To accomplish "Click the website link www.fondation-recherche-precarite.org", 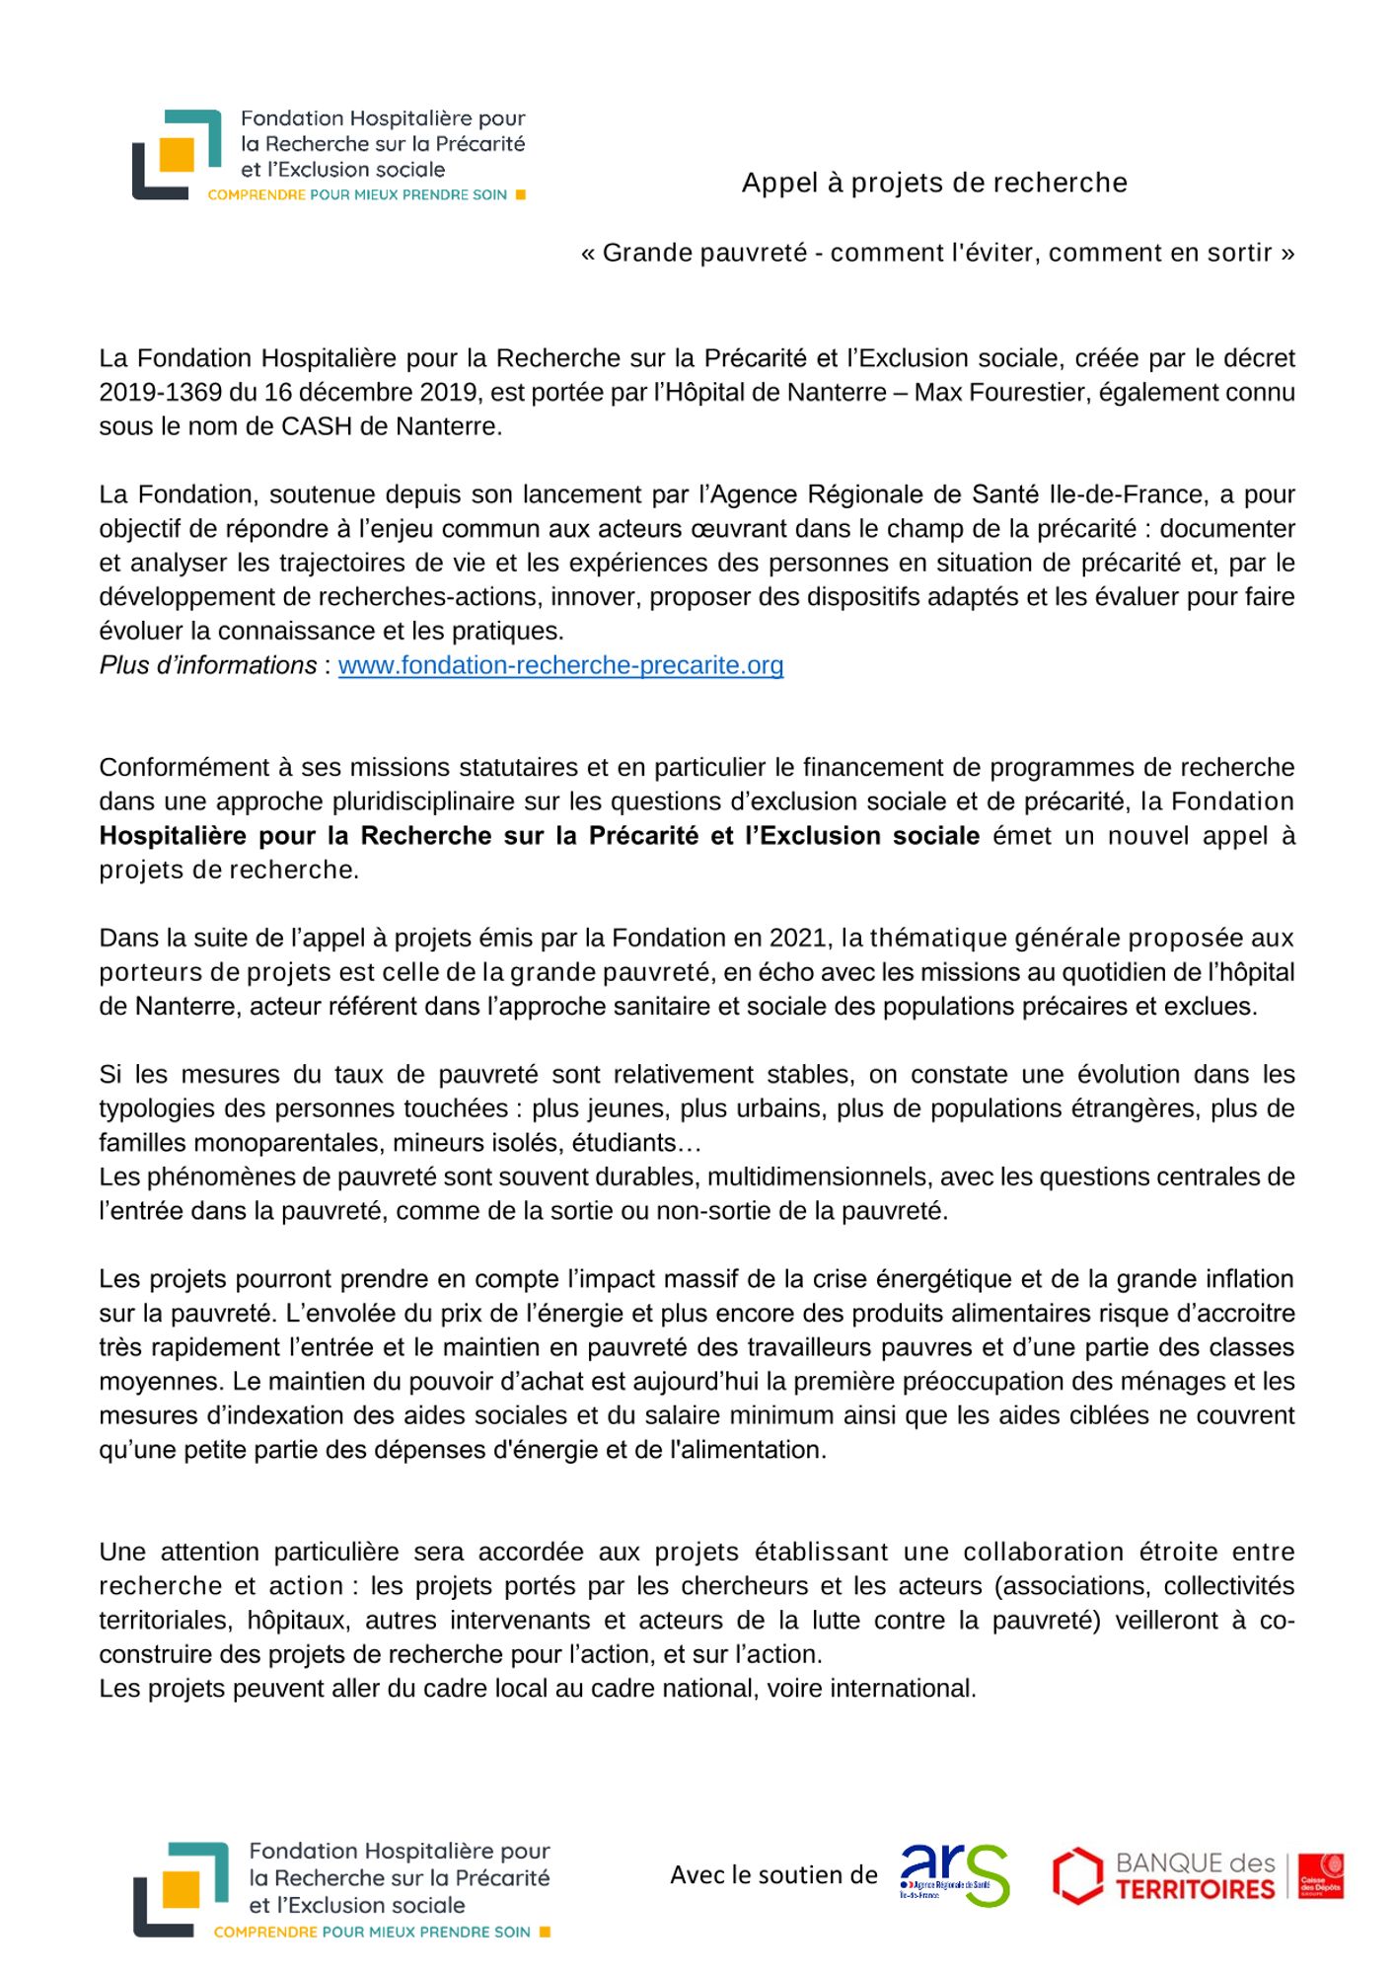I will pos(560,665).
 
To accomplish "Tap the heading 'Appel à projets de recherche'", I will pos(934,183).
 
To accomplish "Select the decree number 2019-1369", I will pos(160,392).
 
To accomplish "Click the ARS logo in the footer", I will pos(954,1874).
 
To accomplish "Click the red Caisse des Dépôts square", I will pos(1320,1875).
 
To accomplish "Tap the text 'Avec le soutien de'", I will pos(773,1875).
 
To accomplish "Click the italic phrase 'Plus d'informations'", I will pos(208,665).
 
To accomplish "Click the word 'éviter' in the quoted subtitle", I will pos(1004,253).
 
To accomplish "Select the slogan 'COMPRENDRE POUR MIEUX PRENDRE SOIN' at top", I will pos(357,195).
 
